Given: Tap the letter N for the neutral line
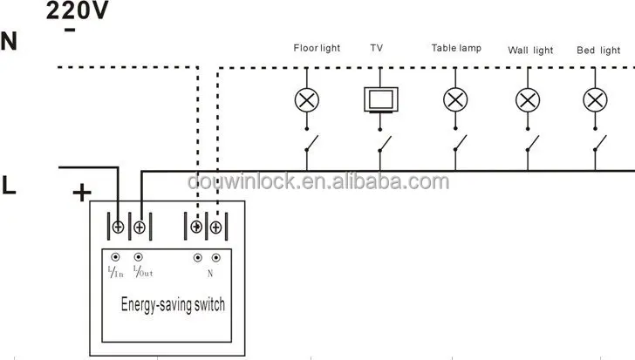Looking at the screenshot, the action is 10,41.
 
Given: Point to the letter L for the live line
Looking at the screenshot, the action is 10,186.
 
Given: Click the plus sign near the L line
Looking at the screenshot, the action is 80,193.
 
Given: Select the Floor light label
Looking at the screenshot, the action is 317,48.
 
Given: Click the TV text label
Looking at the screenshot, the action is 377,48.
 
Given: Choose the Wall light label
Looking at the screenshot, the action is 530,50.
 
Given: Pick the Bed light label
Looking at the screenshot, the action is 598,50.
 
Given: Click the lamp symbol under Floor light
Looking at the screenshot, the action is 305,99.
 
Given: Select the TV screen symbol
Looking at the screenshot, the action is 380,98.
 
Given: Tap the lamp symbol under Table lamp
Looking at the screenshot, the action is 454,99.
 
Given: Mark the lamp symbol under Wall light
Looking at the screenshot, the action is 526,99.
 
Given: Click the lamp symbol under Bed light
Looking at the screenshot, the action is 596,99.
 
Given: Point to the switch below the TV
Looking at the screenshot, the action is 381,142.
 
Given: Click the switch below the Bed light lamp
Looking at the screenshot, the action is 597,142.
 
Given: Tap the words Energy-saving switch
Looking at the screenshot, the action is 172,304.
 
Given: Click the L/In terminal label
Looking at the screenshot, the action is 116,272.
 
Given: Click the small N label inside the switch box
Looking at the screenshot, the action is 210,273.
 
